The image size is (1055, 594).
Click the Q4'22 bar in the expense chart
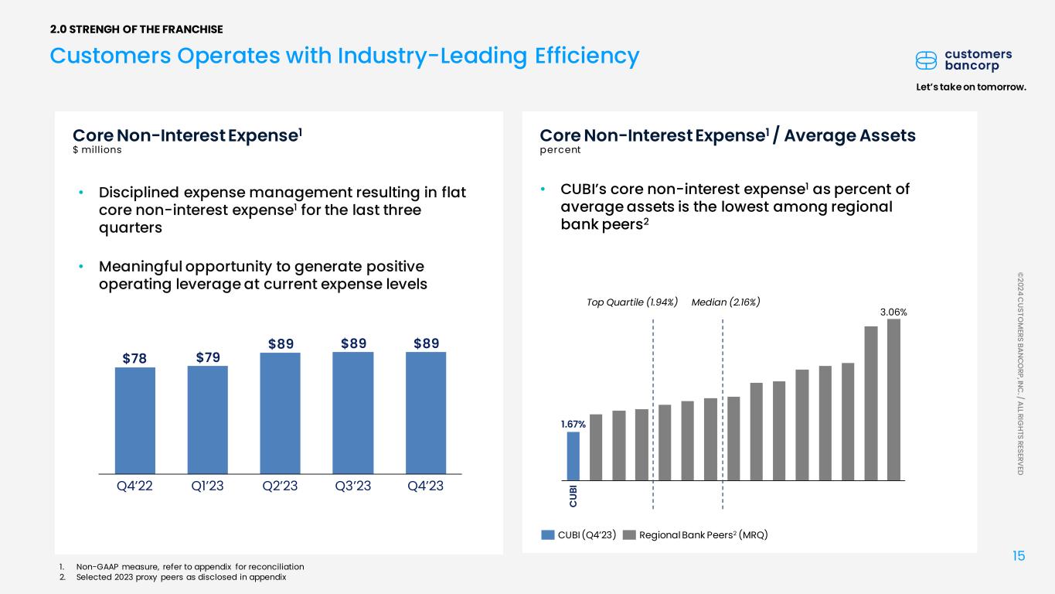click(x=135, y=421)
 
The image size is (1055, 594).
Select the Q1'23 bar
click(x=208, y=419)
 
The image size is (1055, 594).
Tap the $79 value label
click(x=208, y=357)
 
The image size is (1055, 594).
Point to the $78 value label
click(x=134, y=359)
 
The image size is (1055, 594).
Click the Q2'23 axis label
click(x=281, y=486)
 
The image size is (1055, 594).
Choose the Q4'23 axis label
click(x=426, y=486)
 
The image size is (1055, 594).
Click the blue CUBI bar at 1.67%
click(x=573, y=456)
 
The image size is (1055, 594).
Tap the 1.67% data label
click(x=573, y=425)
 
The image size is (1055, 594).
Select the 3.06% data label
click(x=893, y=312)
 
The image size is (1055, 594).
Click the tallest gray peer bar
click(x=894, y=400)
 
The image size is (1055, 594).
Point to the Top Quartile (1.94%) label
click(x=632, y=302)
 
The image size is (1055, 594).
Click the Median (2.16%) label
click(x=726, y=302)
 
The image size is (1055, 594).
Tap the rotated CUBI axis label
click(x=573, y=497)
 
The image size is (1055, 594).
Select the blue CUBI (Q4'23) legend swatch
click(x=548, y=535)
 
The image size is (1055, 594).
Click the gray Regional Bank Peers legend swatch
click(x=629, y=535)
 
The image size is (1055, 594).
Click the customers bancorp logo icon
click(x=926, y=60)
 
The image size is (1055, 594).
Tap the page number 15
click(x=1019, y=556)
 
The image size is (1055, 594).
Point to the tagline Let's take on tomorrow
click(x=971, y=87)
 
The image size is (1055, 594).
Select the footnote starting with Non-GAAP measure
click(x=190, y=567)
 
